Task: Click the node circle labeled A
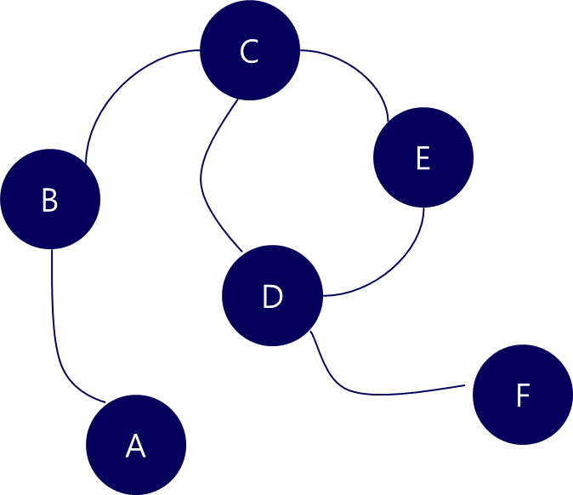pyautogui.click(x=136, y=445)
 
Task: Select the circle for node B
pyautogui.click(x=50, y=199)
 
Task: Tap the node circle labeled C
pyautogui.click(x=250, y=50)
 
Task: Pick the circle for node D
pyautogui.click(x=272, y=296)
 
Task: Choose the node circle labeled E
pyautogui.click(x=423, y=157)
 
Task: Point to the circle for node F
pyautogui.click(x=523, y=395)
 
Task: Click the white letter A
pyautogui.click(x=135, y=447)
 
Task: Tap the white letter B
pyautogui.click(x=49, y=201)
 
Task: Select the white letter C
pyautogui.click(x=248, y=52)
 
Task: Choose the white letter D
pyautogui.click(x=271, y=297)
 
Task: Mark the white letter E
pyautogui.click(x=423, y=159)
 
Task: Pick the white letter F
pyautogui.click(x=523, y=396)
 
